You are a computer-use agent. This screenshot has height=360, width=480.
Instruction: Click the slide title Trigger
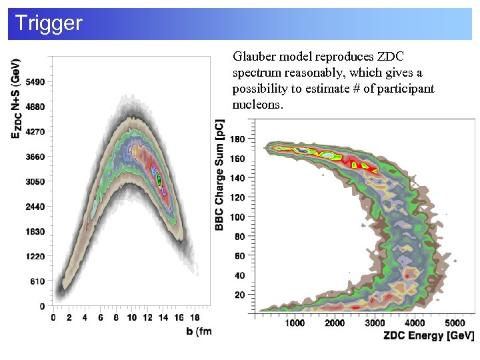pos(48,23)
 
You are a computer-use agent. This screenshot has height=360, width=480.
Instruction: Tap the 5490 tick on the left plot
pos(35,81)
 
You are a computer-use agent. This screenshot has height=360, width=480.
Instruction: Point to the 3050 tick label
pos(35,181)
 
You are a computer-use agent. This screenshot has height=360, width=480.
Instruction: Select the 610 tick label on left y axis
pos(37,281)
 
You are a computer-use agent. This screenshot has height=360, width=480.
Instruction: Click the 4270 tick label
pos(35,131)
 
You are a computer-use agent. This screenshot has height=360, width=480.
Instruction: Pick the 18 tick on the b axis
pos(195,318)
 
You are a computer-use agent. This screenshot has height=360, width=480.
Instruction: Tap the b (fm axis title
pos(199,331)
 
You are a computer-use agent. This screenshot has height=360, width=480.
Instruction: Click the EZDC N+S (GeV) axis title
pos(16,99)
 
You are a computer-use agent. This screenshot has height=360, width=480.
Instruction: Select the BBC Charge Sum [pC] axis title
pos(220,175)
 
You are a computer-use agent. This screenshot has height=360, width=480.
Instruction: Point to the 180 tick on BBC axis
pos(238,139)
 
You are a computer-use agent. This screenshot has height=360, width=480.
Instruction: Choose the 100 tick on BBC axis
pos(238,217)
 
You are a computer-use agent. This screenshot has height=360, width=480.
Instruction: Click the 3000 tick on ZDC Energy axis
pos(375,323)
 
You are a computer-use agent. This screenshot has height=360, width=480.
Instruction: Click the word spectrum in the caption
pos(253,73)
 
